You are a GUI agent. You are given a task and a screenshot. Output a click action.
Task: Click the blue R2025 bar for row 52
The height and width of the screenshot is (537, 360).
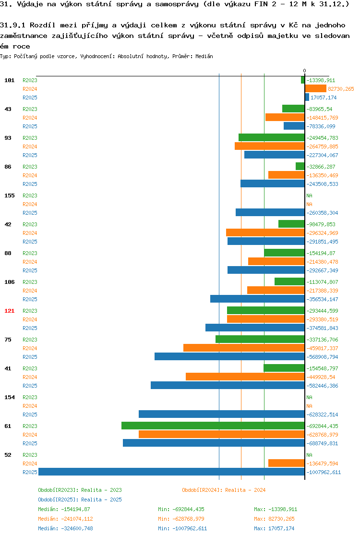[171, 472]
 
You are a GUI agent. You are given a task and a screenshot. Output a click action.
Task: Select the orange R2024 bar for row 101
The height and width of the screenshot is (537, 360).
[315, 89]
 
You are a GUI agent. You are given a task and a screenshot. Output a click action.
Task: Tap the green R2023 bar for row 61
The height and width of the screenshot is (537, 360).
[213, 426]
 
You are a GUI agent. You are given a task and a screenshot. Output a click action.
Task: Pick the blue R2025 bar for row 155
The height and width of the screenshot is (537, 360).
[270, 212]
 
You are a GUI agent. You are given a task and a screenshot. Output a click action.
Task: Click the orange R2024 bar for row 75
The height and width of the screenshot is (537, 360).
[244, 348]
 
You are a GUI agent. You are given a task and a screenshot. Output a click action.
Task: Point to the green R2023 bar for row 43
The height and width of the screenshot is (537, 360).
[293, 109]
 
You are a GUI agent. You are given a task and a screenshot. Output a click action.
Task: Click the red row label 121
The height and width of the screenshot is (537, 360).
[10, 311]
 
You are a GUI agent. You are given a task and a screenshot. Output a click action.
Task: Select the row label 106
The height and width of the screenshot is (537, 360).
[10, 282]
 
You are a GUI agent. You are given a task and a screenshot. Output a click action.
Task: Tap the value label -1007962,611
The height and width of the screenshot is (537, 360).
[324, 472]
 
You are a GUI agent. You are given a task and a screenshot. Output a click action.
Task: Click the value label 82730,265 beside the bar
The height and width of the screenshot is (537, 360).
[341, 89]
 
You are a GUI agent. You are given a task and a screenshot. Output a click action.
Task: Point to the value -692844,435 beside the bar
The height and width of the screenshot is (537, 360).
[322, 426]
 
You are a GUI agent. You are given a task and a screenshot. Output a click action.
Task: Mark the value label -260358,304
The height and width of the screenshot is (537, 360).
[322, 213]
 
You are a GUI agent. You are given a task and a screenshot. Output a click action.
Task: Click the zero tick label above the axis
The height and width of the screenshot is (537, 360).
[305, 71]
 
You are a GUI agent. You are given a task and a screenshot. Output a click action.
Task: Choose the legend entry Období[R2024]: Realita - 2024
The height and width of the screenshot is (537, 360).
[224, 490]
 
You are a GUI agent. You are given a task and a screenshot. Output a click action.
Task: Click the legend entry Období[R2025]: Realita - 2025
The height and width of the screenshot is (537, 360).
[80, 500]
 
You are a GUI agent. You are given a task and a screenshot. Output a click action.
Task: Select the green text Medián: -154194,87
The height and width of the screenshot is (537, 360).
[64, 509]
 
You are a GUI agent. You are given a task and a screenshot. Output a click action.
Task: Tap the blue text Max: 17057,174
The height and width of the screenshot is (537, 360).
[274, 528]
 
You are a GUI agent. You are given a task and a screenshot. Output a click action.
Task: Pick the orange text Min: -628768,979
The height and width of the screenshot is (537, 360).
[181, 519]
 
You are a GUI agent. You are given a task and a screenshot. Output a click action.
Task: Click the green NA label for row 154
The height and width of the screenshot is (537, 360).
[309, 397]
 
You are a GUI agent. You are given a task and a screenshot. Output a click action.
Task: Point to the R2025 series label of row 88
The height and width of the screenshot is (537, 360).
[30, 270]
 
